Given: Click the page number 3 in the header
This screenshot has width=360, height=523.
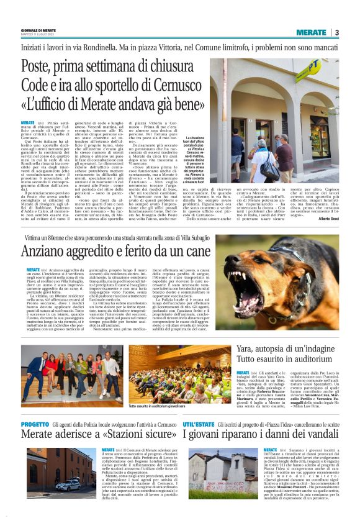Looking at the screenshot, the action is click(x=336, y=32).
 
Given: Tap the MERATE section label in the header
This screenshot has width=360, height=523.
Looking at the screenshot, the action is click(x=311, y=32).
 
